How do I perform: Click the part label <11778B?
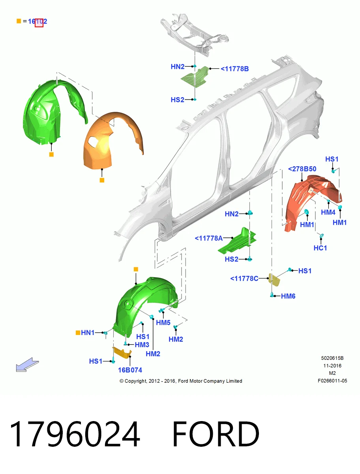234,69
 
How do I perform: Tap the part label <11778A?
208,238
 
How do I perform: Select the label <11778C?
244,278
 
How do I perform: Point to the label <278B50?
302,169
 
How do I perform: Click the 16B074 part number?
130,370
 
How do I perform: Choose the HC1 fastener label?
320,248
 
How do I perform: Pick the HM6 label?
288,296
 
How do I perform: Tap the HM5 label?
163,323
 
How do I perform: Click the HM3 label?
142,345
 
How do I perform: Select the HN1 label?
88,333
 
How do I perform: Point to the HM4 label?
328,212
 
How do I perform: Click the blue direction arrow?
27,365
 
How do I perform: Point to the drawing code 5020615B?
332,358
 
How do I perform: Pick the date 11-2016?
332,366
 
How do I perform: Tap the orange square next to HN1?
78,333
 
